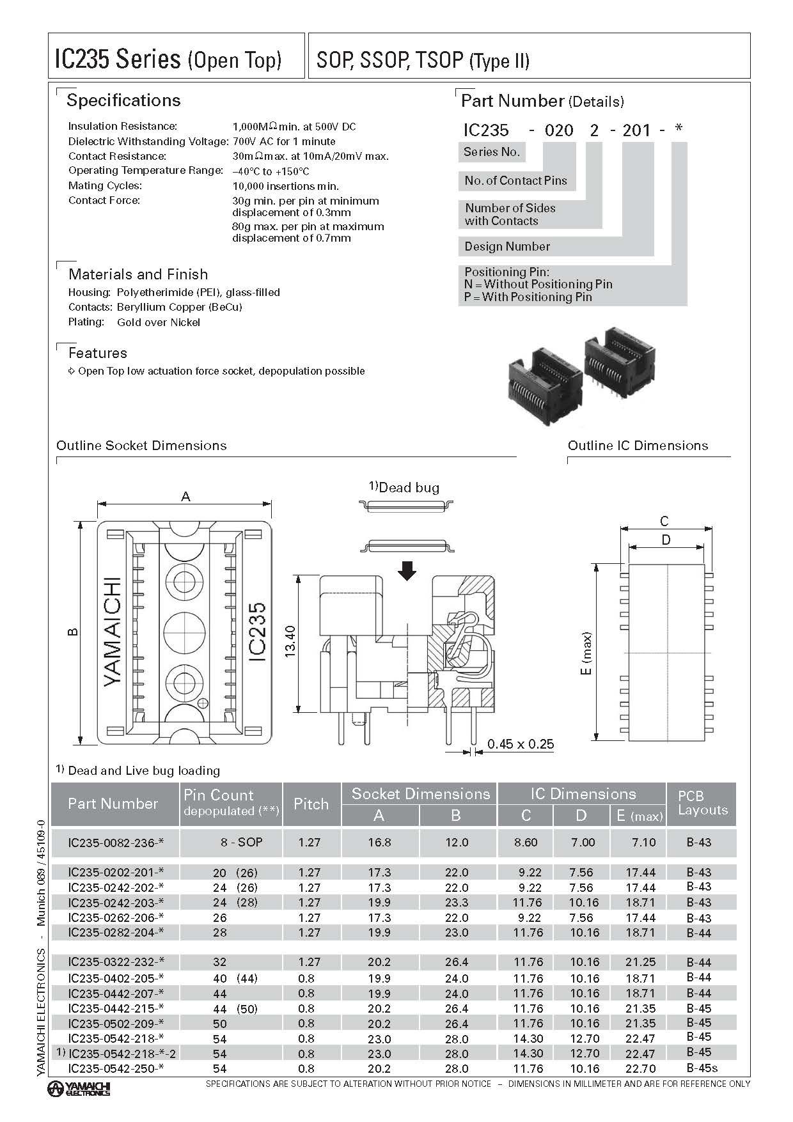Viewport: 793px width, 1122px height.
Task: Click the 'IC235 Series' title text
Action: [x=118, y=59]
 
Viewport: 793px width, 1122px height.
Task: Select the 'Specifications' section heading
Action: [x=123, y=100]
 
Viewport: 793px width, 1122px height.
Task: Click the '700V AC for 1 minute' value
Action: [x=284, y=141]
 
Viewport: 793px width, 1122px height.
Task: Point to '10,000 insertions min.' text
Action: [x=285, y=186]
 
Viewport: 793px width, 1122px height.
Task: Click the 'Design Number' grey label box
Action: [x=507, y=247]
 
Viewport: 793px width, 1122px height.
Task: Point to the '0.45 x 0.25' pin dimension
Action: [x=520, y=744]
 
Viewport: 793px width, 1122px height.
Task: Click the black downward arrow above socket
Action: [x=407, y=570]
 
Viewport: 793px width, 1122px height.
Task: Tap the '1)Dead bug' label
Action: [x=404, y=488]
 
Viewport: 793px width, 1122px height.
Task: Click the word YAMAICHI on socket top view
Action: [x=113, y=632]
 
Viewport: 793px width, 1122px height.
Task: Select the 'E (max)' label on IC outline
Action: [x=587, y=653]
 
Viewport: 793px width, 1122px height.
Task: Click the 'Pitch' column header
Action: [x=311, y=804]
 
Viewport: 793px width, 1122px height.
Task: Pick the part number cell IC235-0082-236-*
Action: [x=115, y=843]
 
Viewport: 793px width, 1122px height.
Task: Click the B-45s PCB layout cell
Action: [x=702, y=1068]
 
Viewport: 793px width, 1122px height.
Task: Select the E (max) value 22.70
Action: [x=643, y=1068]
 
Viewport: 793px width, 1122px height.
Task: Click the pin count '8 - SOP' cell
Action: [x=241, y=843]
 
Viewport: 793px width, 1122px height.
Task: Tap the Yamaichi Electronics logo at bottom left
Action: [x=80, y=1088]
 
